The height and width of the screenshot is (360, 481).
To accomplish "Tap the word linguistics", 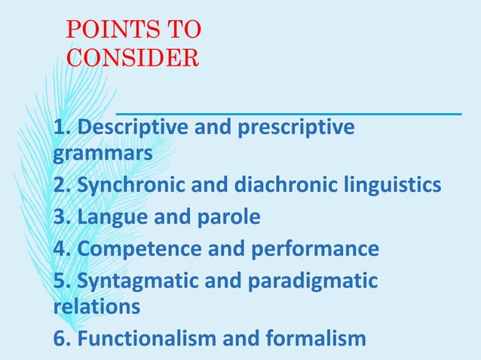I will [399, 185].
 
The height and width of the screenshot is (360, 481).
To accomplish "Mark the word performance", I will [314, 249].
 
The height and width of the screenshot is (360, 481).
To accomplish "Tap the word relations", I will [97, 306].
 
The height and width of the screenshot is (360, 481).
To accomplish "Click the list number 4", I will [60, 249].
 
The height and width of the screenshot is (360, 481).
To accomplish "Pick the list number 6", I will [60, 337].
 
